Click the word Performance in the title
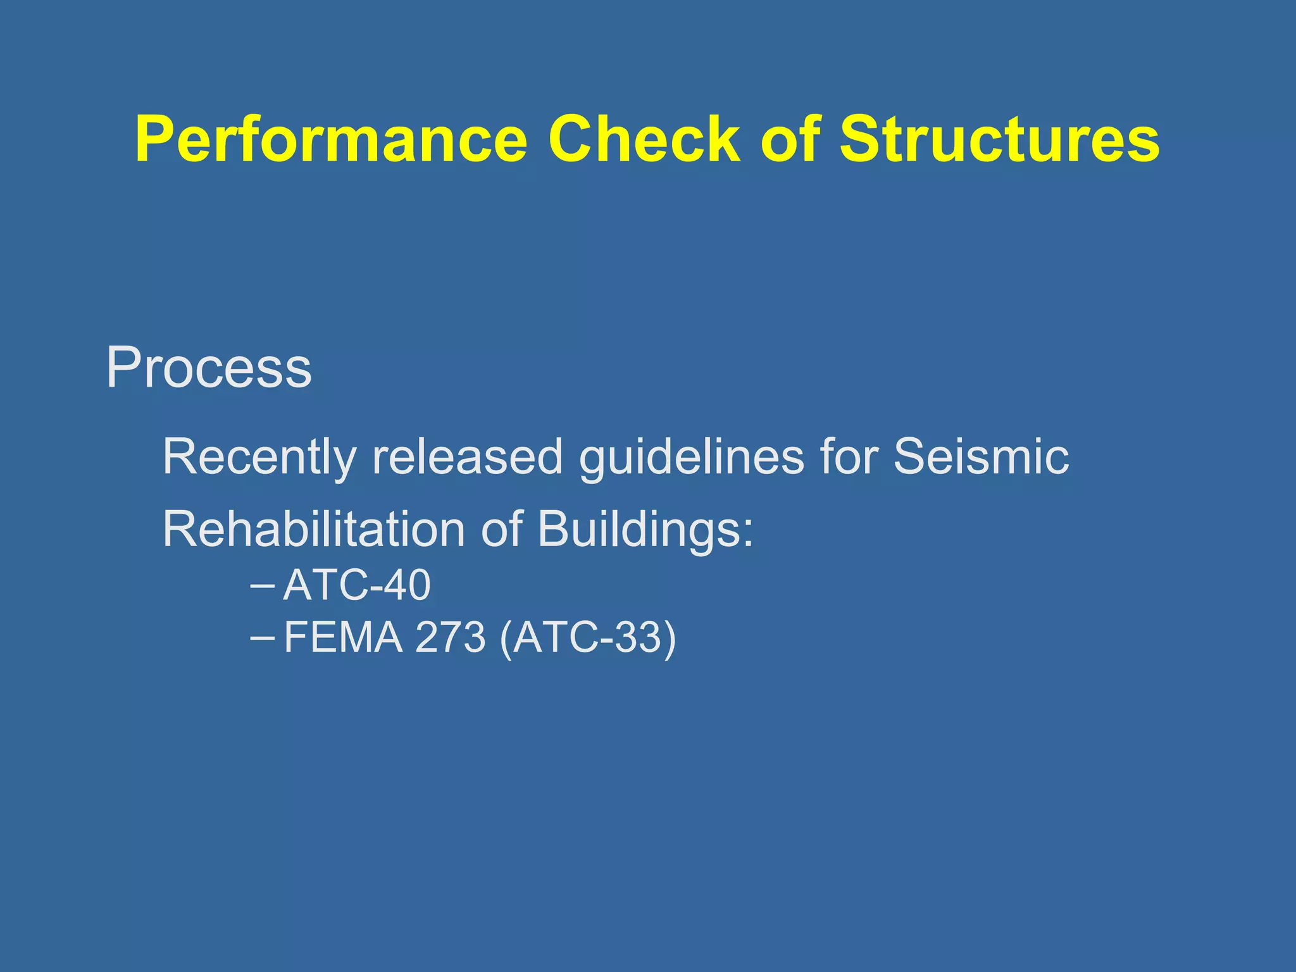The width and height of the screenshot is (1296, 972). (x=331, y=140)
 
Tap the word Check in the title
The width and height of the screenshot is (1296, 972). (x=644, y=139)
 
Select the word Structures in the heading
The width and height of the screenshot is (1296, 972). (x=999, y=139)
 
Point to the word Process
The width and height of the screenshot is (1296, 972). (x=209, y=368)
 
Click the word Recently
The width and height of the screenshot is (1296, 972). (x=259, y=457)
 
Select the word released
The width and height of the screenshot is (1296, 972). (x=466, y=456)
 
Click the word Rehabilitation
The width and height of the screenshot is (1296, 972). (x=314, y=529)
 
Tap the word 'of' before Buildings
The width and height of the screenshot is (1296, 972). (x=501, y=529)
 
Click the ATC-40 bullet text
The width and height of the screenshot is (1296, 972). (x=357, y=585)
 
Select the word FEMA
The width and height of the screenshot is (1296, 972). (x=343, y=637)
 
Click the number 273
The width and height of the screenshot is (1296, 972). (x=450, y=637)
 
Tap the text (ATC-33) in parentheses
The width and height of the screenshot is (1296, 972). (x=588, y=638)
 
